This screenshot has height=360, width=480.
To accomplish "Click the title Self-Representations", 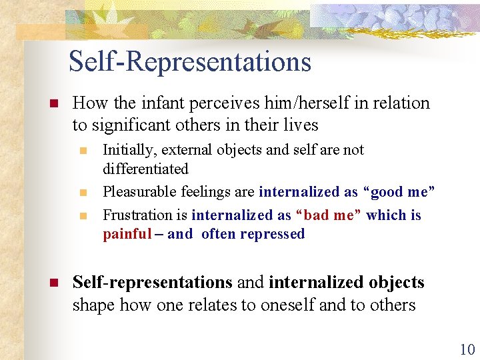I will (190, 62).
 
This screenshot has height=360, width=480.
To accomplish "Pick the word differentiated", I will (145, 169).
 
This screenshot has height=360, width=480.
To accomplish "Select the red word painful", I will (127, 234).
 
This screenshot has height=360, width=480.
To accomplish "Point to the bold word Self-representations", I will (153, 283).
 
